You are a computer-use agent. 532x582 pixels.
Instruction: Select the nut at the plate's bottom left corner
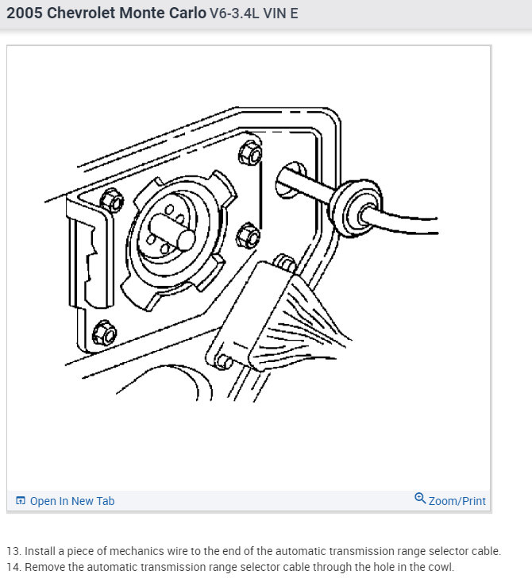(104, 331)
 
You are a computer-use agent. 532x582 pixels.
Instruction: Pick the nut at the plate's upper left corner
(112, 201)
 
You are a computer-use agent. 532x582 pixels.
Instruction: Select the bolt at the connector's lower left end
(224, 361)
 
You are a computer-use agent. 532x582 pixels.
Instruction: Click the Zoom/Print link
(457, 501)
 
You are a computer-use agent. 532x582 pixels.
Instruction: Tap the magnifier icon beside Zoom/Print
(420, 499)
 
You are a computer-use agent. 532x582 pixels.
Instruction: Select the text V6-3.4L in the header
(235, 14)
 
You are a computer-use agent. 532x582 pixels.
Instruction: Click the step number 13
(13, 551)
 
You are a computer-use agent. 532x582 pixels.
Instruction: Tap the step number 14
(13, 567)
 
